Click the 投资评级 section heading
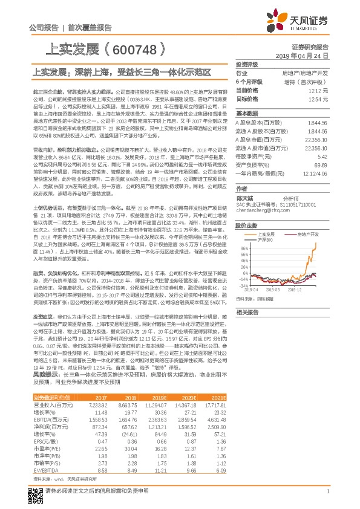[247, 63]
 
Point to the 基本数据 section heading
[247, 113]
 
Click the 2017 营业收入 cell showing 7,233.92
[97, 404]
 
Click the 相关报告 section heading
[247, 313]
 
